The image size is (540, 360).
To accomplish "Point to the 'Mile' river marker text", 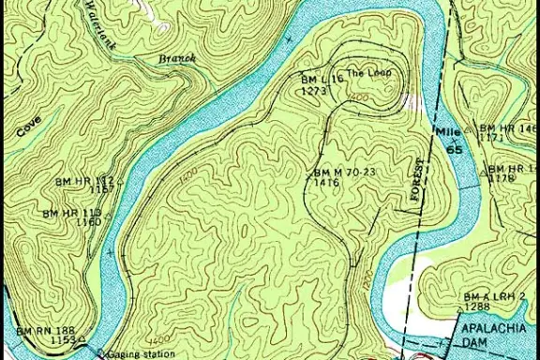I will tap(445, 132).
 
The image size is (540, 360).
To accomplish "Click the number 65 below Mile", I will tap(455, 149).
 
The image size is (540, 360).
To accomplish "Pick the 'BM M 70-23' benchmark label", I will tap(345, 172).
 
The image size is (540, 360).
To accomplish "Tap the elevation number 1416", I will tap(327, 183).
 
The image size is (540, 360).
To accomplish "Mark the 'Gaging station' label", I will tap(140, 354).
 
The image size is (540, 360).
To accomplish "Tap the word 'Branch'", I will tap(177, 58).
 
